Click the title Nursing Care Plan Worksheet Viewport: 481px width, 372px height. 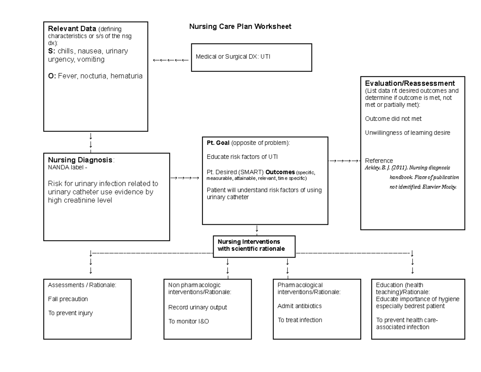240,27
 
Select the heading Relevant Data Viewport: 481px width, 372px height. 72,29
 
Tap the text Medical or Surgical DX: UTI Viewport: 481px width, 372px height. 233,57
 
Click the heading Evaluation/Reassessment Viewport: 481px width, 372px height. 410,83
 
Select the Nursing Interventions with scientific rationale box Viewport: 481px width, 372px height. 254,245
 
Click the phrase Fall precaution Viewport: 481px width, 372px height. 68,299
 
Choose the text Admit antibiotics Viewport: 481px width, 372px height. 299,306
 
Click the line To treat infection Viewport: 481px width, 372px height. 299,320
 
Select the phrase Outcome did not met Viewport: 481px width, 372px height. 393,119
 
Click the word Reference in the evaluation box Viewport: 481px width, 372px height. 379,161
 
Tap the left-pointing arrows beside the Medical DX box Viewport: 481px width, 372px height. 170,60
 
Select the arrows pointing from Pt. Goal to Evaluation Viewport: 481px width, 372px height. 344,161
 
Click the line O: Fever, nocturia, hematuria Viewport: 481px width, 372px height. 95,76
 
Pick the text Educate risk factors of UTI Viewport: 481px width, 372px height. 242,157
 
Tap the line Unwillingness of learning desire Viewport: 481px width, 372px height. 408,132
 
